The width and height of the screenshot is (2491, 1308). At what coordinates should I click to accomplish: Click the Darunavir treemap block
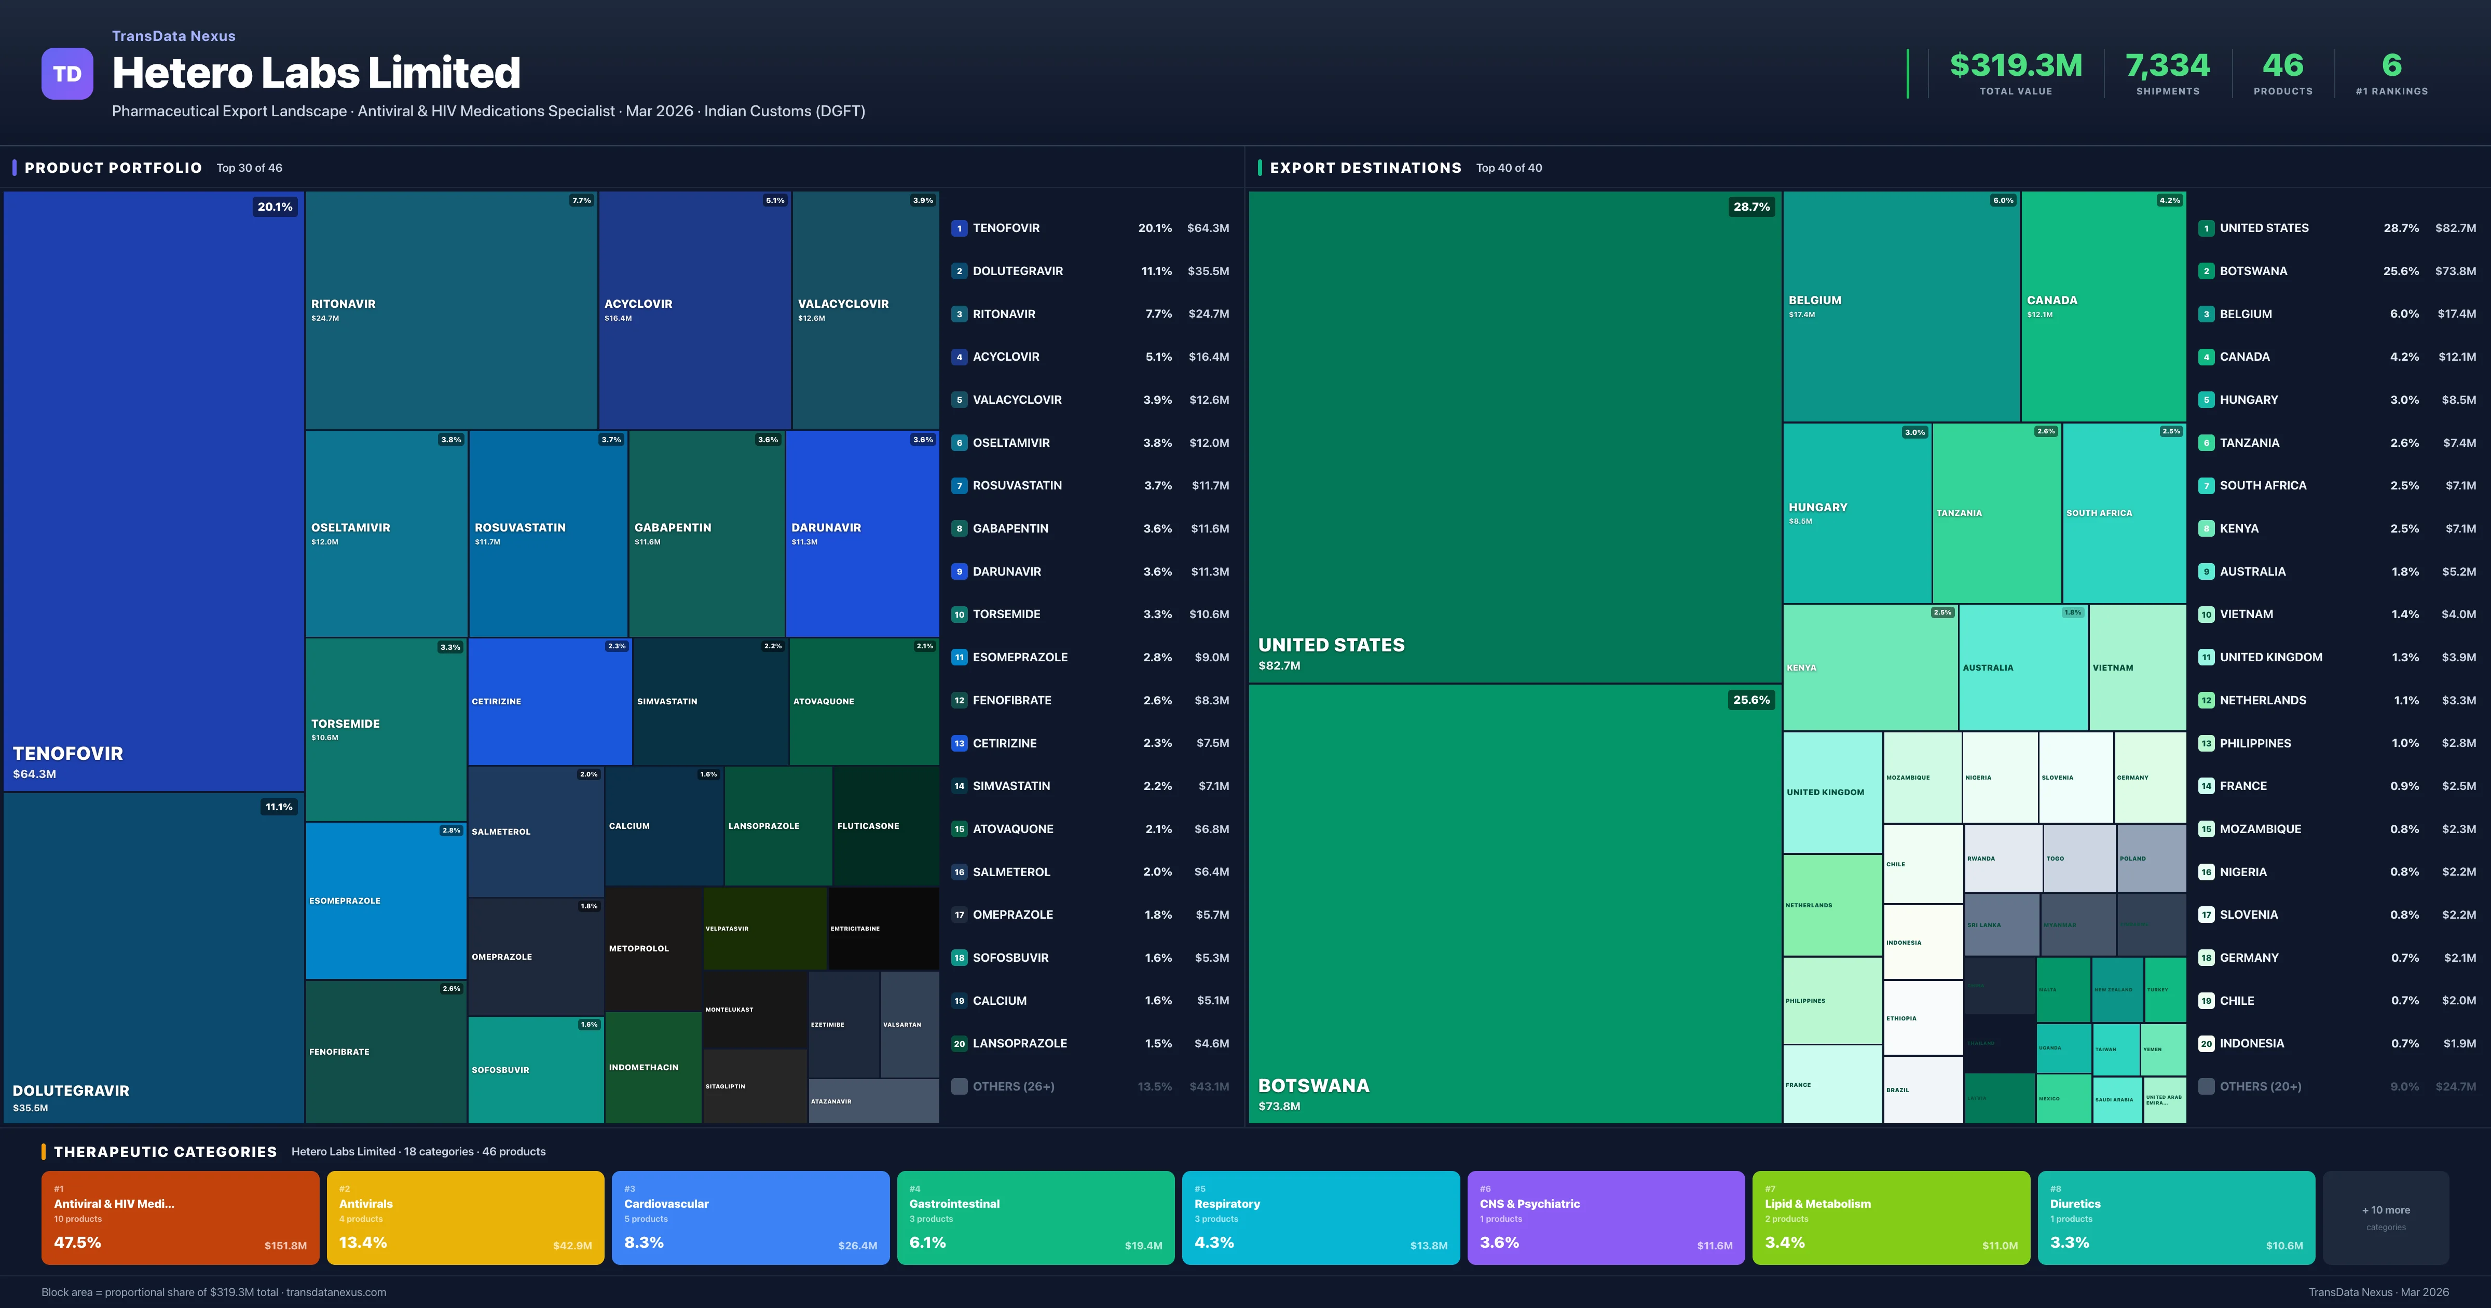[861, 533]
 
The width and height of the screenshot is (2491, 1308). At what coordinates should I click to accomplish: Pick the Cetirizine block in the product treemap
[549, 701]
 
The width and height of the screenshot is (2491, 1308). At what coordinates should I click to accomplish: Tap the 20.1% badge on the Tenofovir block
[275, 207]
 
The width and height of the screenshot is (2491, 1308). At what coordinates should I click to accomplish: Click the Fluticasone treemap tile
[885, 826]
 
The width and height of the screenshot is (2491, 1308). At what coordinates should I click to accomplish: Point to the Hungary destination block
[1857, 513]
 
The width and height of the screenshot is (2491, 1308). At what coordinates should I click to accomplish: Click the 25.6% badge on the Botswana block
[1750, 700]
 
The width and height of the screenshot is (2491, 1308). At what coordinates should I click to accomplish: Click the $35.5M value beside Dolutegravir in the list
[1208, 271]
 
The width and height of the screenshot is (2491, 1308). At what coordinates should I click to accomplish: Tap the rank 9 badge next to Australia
[2206, 572]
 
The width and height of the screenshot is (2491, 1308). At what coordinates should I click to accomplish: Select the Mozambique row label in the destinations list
[2260, 829]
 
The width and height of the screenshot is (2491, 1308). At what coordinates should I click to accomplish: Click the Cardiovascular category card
[750, 1217]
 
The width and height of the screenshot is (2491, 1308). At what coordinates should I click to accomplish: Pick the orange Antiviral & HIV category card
[180, 1217]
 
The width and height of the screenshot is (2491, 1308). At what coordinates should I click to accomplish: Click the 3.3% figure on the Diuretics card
[2070, 1242]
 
